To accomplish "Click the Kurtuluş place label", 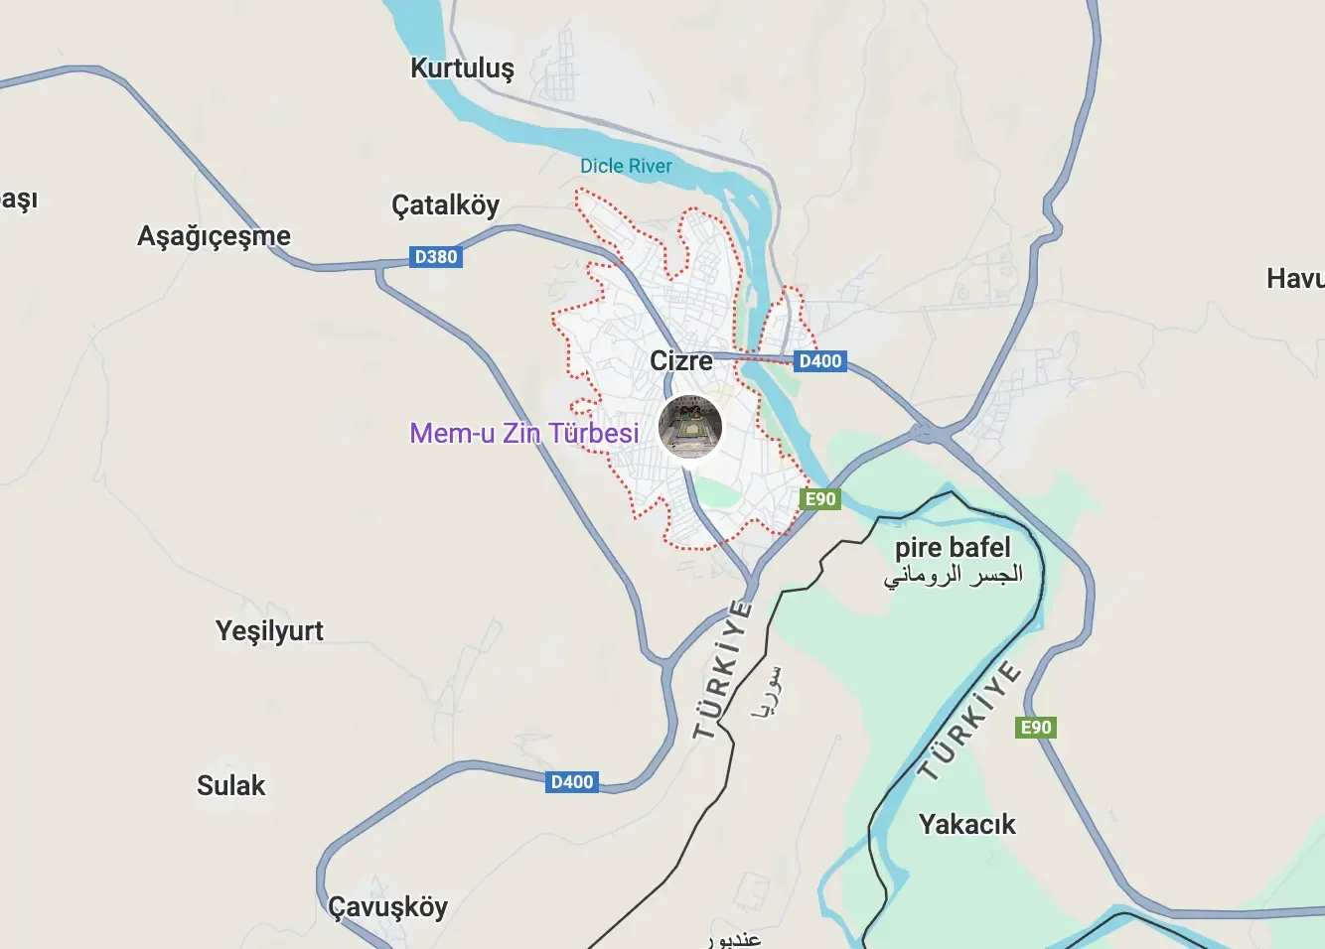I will click(463, 68).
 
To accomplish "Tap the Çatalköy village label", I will click(445, 205).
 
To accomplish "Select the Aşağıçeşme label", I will click(214, 236).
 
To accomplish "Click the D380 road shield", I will click(436, 257).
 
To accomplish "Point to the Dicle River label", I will click(626, 166).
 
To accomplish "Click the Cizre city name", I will click(681, 360).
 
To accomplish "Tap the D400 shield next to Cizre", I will click(820, 361).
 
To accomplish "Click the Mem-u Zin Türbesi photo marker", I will click(690, 427).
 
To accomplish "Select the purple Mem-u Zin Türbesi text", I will click(524, 433).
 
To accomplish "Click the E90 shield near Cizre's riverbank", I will click(820, 498).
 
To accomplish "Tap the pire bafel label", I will click(953, 547).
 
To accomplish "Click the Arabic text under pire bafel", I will click(953, 575).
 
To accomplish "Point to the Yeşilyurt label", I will click(269, 631).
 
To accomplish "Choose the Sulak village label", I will click(230, 786).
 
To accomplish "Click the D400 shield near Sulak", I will click(572, 782).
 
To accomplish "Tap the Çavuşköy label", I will click(387, 907).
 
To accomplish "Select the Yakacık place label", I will click(966, 825).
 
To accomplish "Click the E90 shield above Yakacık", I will click(1036, 728).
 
